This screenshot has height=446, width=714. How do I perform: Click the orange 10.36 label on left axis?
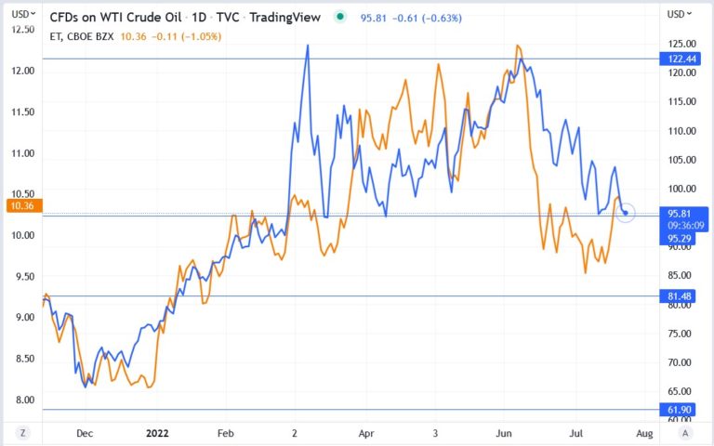point(19,205)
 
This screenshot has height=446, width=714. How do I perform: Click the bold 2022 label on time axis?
point(156,433)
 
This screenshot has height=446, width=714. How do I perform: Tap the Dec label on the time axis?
point(85,433)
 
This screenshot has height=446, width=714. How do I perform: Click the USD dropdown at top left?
point(26,14)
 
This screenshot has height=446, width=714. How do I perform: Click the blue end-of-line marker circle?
point(626,213)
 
